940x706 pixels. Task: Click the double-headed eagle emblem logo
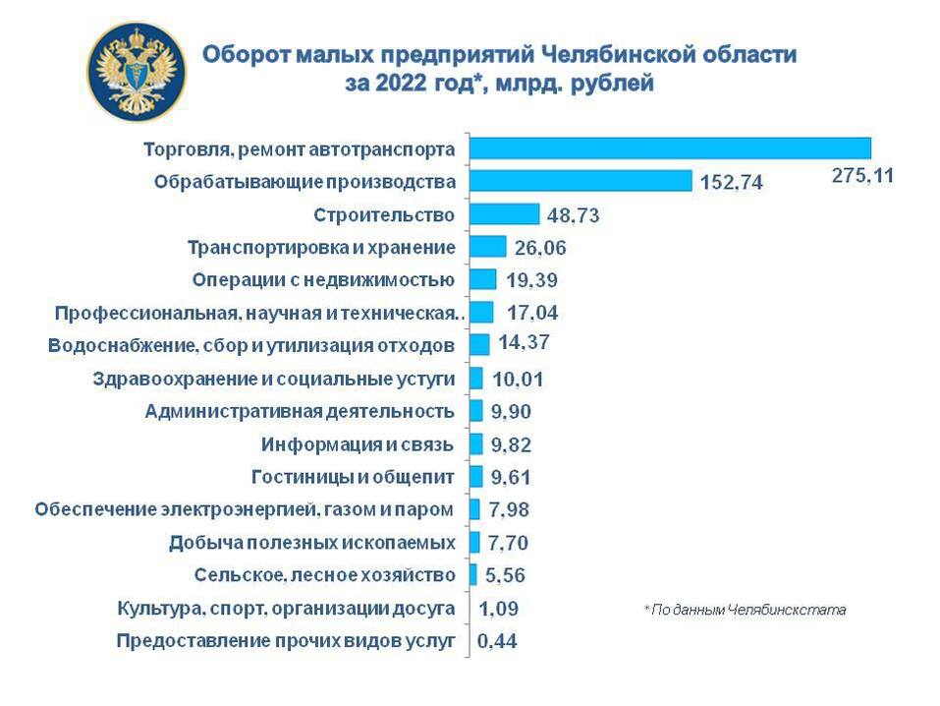137,71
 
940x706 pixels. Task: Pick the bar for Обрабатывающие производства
581,181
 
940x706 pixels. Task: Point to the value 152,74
732,183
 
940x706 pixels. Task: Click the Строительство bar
504,214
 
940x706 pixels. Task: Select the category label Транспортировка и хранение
321,247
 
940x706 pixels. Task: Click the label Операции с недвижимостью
323,279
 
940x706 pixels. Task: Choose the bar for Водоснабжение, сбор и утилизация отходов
479,344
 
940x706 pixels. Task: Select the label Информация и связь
358,444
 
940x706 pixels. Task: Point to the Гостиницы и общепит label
354,477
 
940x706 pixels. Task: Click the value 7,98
514,510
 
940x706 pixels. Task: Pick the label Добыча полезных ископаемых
312,543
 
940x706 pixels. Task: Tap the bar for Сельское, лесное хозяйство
473,574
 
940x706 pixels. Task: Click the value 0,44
498,642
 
